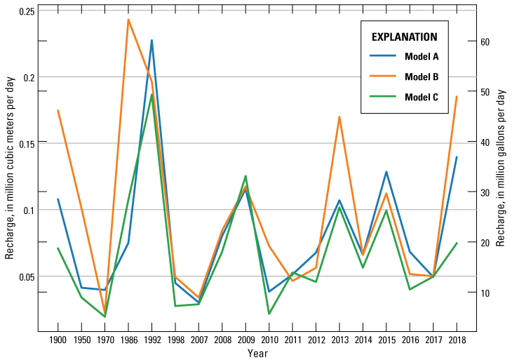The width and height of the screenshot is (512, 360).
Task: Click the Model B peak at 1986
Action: (x=128, y=19)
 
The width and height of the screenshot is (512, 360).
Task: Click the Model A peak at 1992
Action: (x=151, y=40)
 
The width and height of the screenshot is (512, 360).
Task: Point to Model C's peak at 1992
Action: (x=151, y=95)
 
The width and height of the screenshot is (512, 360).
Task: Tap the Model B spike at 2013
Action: (x=339, y=116)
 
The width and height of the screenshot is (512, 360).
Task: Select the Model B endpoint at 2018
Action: (x=457, y=96)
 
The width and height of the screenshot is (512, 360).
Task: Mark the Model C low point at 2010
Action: (x=269, y=314)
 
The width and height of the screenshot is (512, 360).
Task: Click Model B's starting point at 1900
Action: (x=58, y=110)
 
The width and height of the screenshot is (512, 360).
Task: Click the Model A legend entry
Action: (x=422, y=57)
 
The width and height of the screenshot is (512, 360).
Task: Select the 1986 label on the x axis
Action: (x=128, y=340)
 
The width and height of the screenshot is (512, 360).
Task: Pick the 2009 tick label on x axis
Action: (x=245, y=340)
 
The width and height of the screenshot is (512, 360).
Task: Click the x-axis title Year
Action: (x=257, y=353)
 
